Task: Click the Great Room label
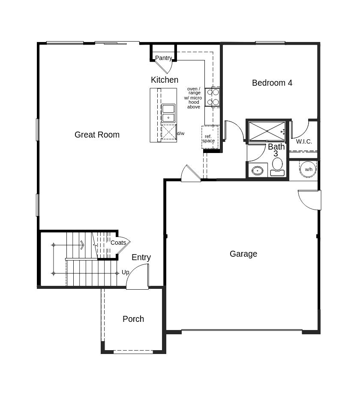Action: (97, 135)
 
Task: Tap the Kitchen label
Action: (165, 80)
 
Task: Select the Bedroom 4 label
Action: (272, 83)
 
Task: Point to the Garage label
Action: (243, 254)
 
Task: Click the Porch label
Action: (133, 319)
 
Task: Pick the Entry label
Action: (141, 257)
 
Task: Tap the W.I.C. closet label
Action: (304, 141)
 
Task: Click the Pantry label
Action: (163, 58)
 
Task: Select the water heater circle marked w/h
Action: (309, 169)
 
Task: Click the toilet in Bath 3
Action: (278, 166)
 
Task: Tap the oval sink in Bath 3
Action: (257, 171)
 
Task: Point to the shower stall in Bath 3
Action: (267, 131)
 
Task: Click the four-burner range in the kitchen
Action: (213, 97)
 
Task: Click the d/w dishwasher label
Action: (180, 133)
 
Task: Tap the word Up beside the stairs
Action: (125, 272)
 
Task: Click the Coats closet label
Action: (118, 243)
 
